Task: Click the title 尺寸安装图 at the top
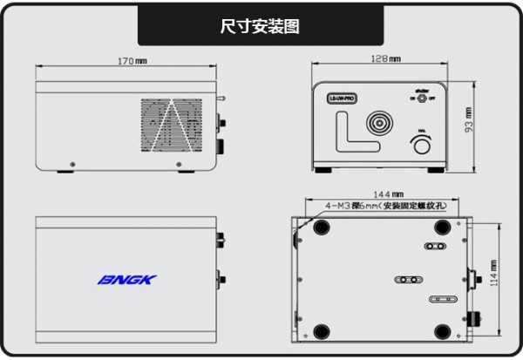pyautogui.click(x=260, y=27)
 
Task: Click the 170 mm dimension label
pyautogui.click(x=132, y=61)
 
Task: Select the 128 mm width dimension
pyautogui.click(x=384, y=58)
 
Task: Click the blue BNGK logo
pyautogui.click(x=127, y=281)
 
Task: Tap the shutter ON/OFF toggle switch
pyautogui.click(x=425, y=98)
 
